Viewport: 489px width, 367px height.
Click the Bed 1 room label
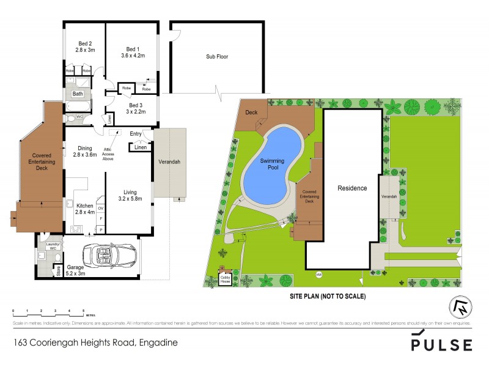[x=133, y=53]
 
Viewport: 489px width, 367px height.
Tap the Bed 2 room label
[x=85, y=47]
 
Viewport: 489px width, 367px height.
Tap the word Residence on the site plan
[x=352, y=188]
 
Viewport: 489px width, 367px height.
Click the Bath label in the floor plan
[x=78, y=94]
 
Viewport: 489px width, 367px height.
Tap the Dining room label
[x=85, y=151]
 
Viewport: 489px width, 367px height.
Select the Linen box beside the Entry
[x=139, y=147]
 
